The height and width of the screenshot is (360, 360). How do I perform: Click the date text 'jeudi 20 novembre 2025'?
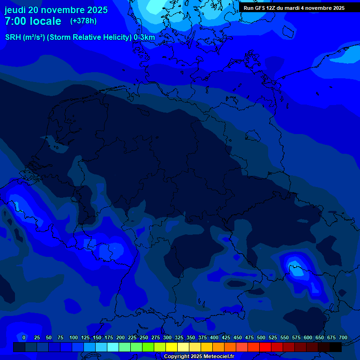(56, 10)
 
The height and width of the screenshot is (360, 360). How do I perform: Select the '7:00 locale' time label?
(33, 21)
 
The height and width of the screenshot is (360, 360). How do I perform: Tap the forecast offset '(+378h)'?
(83, 21)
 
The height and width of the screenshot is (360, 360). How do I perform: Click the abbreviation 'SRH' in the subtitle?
(13, 37)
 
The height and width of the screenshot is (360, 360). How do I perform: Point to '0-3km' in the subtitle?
(144, 37)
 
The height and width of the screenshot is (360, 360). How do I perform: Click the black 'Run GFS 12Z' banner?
(294, 8)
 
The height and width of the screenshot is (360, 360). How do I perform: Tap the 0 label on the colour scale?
(24, 337)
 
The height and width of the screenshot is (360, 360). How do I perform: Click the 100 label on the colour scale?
(74, 337)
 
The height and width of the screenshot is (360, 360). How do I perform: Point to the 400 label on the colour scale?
(214, 337)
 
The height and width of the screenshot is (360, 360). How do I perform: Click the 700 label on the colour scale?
(343, 337)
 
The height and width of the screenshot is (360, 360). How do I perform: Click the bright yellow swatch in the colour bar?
(172, 347)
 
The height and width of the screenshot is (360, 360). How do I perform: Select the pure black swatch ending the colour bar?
(336, 347)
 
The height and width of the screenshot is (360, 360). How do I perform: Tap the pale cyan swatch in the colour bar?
(113, 347)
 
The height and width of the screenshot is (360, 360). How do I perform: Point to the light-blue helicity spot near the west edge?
(17, 205)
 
